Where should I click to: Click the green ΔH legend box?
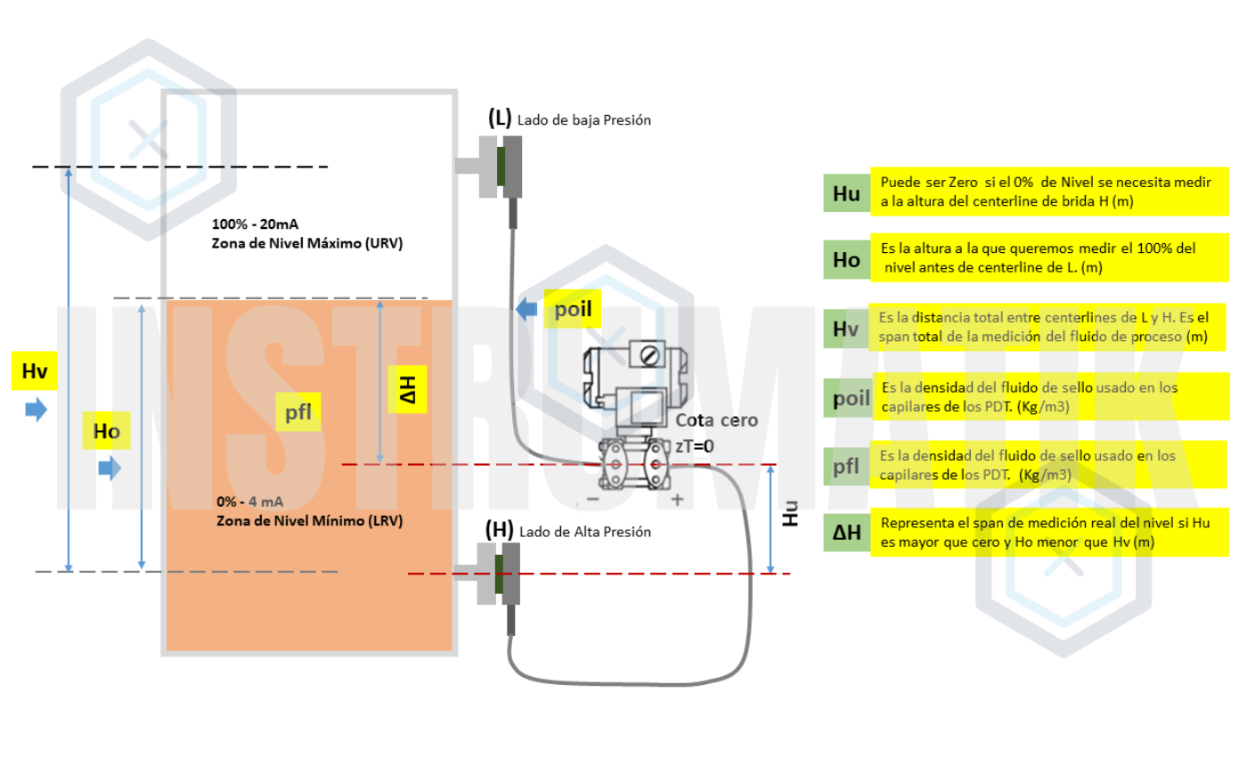pos(846,533)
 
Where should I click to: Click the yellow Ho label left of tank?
pos(106,433)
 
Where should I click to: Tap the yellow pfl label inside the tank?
pos(297,412)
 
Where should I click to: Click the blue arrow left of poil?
pos(527,310)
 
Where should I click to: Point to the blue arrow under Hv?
pos(36,410)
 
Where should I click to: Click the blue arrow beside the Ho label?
pos(109,468)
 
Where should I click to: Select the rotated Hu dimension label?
pos(789,513)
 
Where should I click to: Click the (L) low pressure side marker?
pos(500,118)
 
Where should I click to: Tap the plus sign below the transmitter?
pos(677,500)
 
